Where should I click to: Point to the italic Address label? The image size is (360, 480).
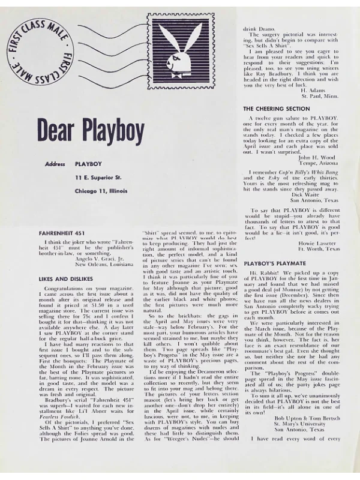click(55, 163)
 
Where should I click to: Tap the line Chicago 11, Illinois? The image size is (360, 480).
click(101, 191)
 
